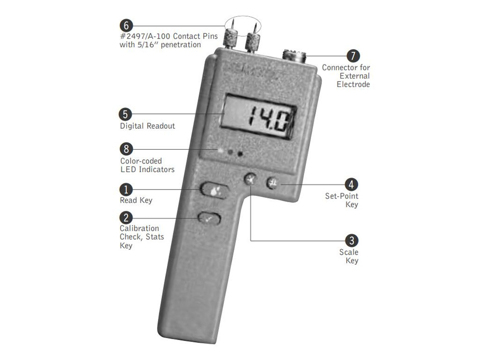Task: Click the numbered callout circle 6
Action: coord(126,26)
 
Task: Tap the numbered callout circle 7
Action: coord(353,56)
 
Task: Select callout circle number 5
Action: coord(125,114)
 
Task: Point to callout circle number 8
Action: coord(126,149)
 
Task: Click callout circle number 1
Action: coord(126,189)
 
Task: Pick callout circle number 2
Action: coord(126,218)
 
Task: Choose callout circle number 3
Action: coord(352,240)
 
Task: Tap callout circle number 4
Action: coord(351,184)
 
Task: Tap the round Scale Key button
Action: coord(250,180)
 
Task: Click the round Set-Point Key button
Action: coord(273,183)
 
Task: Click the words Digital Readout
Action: coord(148,126)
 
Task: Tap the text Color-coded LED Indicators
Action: coord(148,165)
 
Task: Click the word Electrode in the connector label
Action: coord(353,85)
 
